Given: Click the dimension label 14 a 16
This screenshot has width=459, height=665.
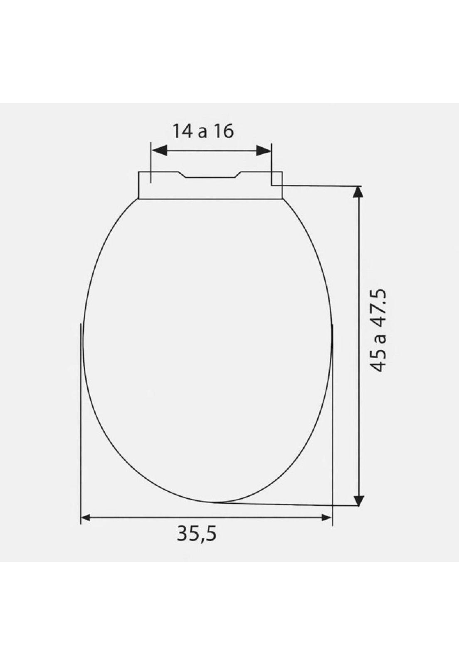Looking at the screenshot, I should tap(203, 131).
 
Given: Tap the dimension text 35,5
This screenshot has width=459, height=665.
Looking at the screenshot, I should tap(197, 533).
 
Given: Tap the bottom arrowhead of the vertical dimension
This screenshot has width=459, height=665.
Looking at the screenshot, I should tap(359, 500).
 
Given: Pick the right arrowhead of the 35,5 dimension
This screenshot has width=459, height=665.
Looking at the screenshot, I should tap(327, 517).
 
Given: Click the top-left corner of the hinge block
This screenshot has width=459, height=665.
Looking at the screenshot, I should tap(138, 172).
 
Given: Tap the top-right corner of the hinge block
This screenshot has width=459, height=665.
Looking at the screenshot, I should tap(282, 172).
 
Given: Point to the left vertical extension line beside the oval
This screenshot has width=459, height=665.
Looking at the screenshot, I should tap(80, 416).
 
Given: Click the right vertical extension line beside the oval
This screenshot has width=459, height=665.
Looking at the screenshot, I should tap(333, 416).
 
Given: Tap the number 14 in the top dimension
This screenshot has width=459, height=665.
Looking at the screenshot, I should tap(183, 131).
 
